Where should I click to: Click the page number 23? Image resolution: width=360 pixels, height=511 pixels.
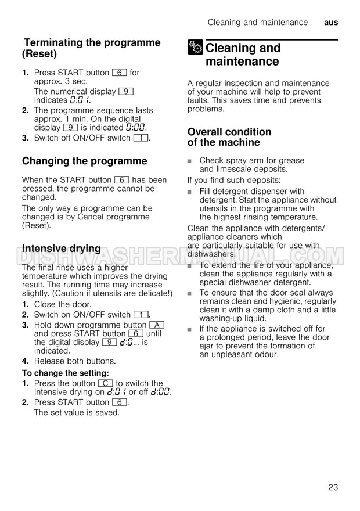pos(333,487)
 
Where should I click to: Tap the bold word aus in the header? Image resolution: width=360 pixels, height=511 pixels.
pos(331,23)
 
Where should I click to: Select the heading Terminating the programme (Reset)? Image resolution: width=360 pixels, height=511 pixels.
pos(91,48)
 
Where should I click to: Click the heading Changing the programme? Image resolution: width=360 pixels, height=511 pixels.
pos(85,161)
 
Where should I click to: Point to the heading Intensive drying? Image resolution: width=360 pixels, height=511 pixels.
pos(62,249)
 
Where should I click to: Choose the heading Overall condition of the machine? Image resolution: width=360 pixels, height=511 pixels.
pos(229,137)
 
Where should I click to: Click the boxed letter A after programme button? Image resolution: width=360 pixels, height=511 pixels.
pos(157,325)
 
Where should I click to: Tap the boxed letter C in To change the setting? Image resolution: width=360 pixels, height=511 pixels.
pos(105,383)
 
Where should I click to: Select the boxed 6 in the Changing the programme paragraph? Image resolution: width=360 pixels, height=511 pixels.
pos(121,180)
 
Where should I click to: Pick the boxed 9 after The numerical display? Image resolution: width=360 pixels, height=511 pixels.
pos(126,92)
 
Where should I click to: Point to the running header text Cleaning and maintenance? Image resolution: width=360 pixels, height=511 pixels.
pos(258,23)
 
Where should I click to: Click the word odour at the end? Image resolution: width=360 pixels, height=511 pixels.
pos(267,354)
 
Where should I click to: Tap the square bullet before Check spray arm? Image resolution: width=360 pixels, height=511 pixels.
pos(190,161)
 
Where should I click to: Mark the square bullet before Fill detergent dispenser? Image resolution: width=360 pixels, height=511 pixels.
pos(190,192)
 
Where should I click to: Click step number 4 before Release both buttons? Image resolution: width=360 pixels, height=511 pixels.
pos(26,361)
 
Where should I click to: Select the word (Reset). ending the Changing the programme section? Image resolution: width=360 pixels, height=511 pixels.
pos(37,225)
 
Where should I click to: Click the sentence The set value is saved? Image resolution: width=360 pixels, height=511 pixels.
pos(77,412)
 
